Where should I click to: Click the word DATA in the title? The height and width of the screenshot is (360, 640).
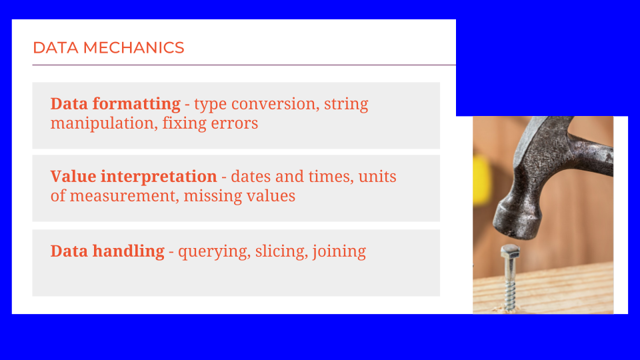tap(55, 48)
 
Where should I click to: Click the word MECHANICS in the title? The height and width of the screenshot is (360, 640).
tap(133, 48)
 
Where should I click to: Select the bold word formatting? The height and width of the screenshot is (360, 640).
tap(136, 105)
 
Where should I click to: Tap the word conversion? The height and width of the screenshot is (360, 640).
tap(275, 104)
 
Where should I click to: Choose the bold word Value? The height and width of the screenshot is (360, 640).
tap(73, 176)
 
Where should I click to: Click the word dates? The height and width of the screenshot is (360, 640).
tap(251, 177)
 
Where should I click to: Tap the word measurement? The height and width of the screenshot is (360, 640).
tap(124, 196)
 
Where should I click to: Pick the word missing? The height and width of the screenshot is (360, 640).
tap(207, 196)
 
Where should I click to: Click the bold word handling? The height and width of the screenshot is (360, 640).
tap(128, 251)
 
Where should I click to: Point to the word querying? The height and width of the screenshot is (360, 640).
tap(214, 252)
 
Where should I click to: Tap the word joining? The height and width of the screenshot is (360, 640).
tap(339, 251)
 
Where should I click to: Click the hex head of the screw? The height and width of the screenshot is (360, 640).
tap(510, 251)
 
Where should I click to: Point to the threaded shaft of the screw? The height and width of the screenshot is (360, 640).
tap(509, 284)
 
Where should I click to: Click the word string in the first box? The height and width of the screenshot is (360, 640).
tap(346, 105)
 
